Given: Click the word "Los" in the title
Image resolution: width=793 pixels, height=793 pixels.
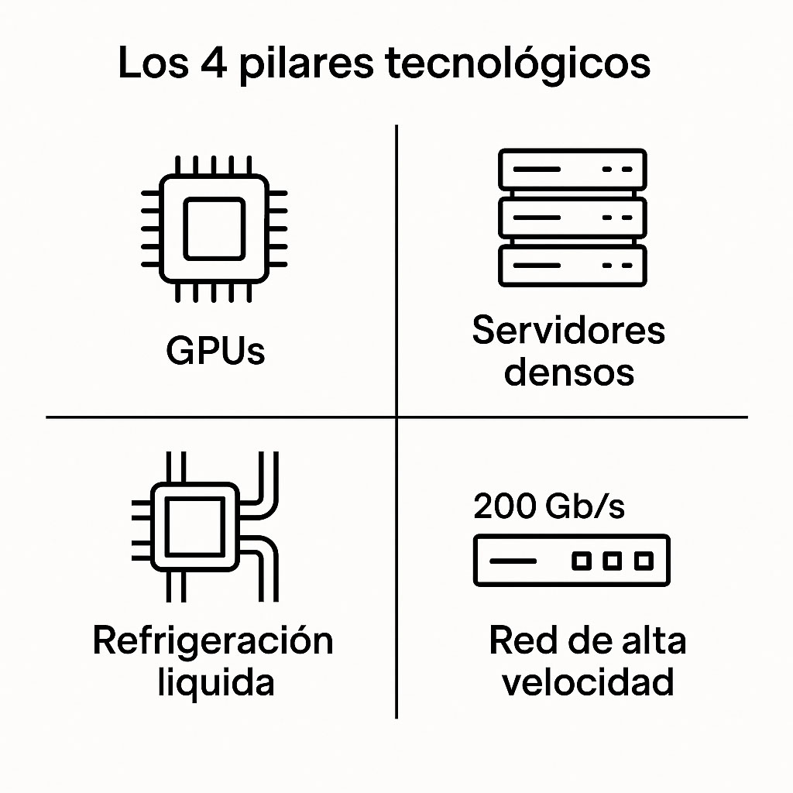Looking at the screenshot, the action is (x=153, y=64).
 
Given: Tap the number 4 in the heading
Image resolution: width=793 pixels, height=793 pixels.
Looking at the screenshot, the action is (x=214, y=64).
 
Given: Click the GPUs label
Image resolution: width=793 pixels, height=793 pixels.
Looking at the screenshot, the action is (x=215, y=350).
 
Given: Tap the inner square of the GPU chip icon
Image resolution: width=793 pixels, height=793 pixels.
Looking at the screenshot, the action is (x=215, y=228).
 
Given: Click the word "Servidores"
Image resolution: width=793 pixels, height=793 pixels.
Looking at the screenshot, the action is (x=568, y=330).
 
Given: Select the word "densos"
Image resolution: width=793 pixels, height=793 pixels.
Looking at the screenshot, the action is (x=569, y=372).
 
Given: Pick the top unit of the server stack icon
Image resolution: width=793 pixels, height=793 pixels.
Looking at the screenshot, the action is (x=572, y=169).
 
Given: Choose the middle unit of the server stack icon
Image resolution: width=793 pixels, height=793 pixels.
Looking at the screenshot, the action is (x=572, y=218).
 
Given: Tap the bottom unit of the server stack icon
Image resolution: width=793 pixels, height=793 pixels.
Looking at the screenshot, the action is (x=572, y=266).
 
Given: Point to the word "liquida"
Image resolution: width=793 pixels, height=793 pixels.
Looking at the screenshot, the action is (x=216, y=683).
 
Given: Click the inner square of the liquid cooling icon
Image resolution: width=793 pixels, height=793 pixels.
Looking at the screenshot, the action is (x=195, y=527).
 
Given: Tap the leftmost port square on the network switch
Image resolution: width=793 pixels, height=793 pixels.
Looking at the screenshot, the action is (x=582, y=561).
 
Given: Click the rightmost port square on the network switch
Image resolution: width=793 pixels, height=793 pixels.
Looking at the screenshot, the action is (x=644, y=561).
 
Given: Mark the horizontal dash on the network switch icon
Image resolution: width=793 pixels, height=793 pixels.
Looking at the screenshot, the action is (x=513, y=561).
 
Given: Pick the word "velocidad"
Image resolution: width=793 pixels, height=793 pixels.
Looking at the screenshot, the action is (x=588, y=681).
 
